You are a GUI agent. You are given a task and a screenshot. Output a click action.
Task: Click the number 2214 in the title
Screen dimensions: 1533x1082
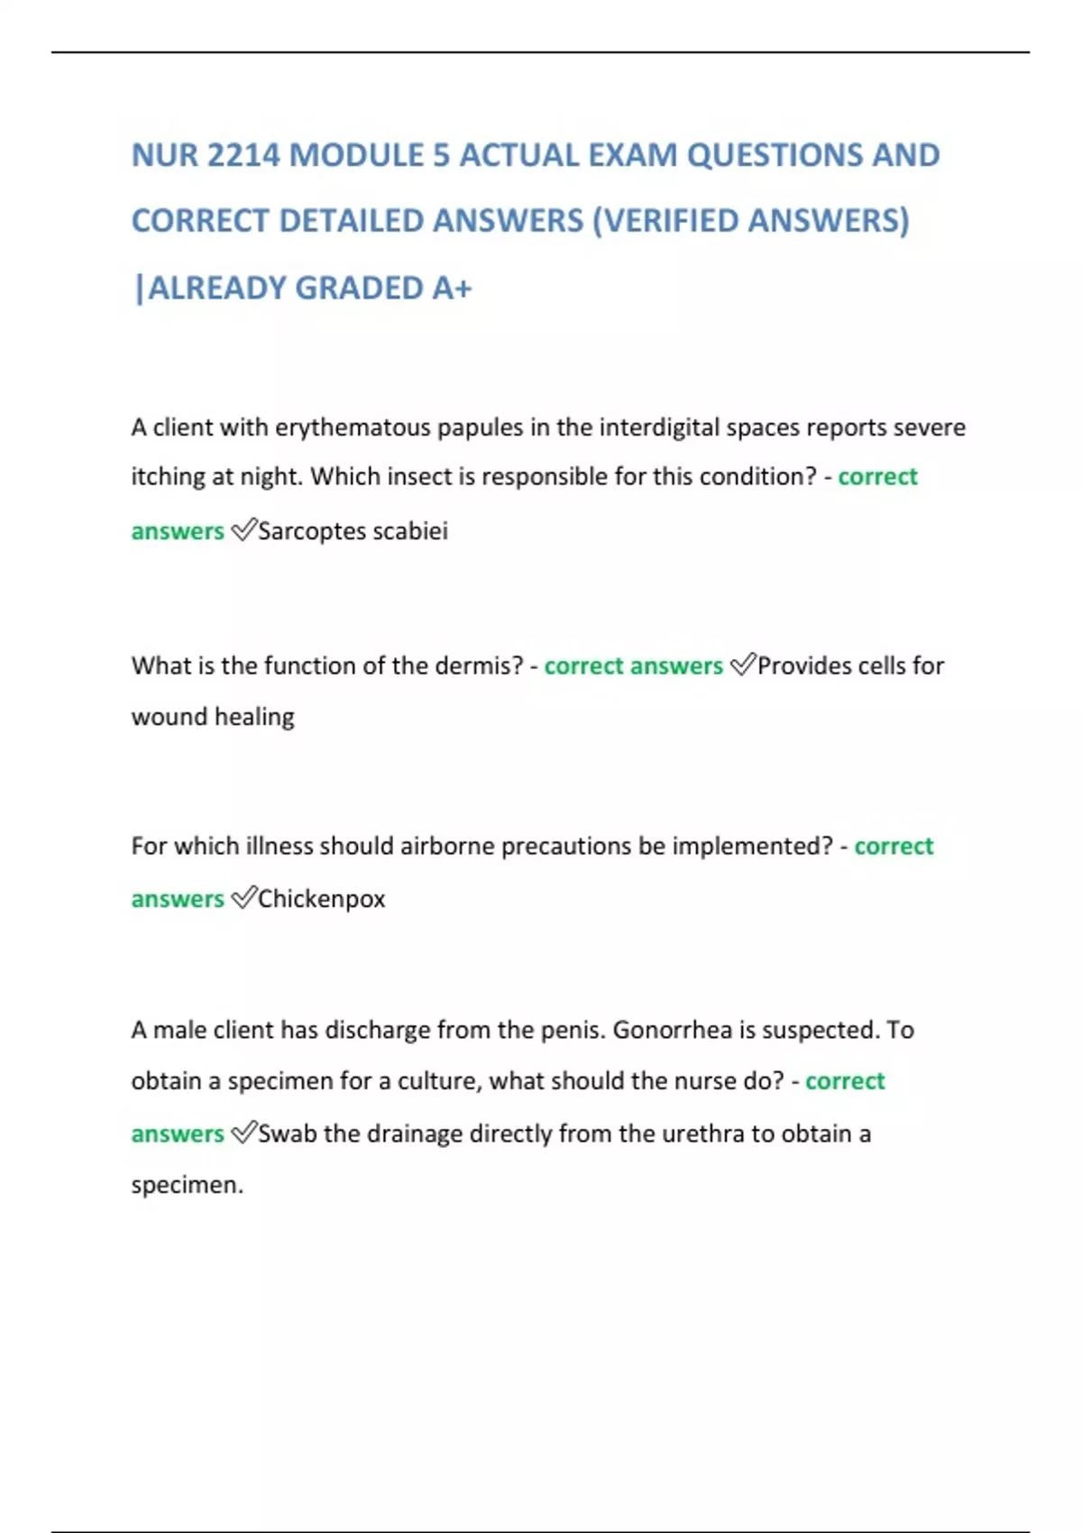coord(243,156)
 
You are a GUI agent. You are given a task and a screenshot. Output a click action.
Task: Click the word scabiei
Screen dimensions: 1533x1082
coord(410,531)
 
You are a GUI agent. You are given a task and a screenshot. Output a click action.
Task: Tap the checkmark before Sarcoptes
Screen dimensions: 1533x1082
coord(243,530)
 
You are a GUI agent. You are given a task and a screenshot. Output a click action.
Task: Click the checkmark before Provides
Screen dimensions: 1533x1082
coord(743,665)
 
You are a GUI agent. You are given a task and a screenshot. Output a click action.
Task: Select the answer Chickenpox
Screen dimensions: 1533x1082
coord(322,899)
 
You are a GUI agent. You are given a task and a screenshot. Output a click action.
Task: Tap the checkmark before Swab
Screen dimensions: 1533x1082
coord(243,1133)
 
